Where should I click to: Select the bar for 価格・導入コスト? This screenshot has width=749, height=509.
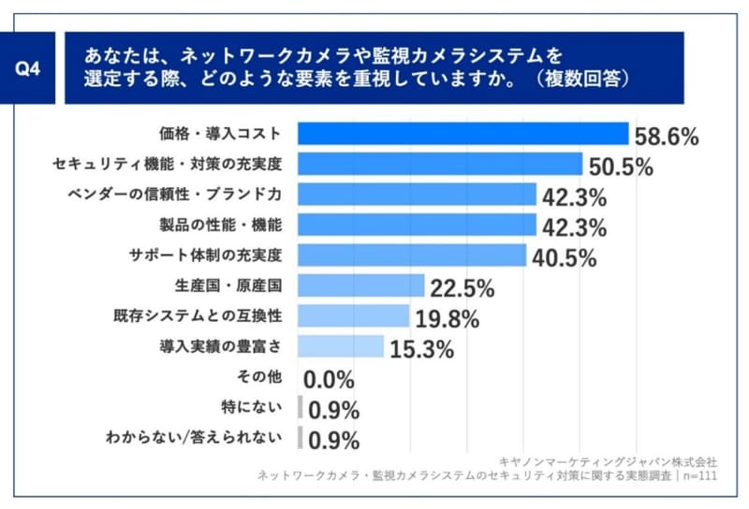point(463,134)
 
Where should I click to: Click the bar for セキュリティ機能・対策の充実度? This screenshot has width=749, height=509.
point(440,165)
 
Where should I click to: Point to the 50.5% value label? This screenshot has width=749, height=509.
point(621,167)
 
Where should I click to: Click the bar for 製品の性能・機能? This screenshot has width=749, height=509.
point(417,225)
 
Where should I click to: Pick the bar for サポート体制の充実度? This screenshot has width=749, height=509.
point(412,254)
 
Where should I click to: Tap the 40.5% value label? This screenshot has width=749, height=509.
point(564,258)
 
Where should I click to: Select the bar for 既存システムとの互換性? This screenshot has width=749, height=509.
point(354,315)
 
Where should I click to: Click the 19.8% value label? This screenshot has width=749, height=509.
point(447,319)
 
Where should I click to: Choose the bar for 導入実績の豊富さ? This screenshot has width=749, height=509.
point(341,346)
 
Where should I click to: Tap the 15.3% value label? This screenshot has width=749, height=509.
point(421,350)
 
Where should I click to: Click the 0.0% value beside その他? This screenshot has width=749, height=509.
point(329,380)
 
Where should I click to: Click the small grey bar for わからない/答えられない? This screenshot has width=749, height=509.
point(301,437)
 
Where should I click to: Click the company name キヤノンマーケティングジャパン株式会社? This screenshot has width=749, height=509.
point(609,461)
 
